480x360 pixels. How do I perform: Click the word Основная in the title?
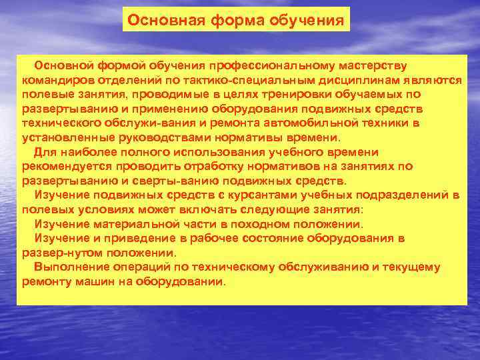157,20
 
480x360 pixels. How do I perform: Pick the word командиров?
53,79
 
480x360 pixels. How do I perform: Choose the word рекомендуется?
61,165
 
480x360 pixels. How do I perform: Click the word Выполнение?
65,267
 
